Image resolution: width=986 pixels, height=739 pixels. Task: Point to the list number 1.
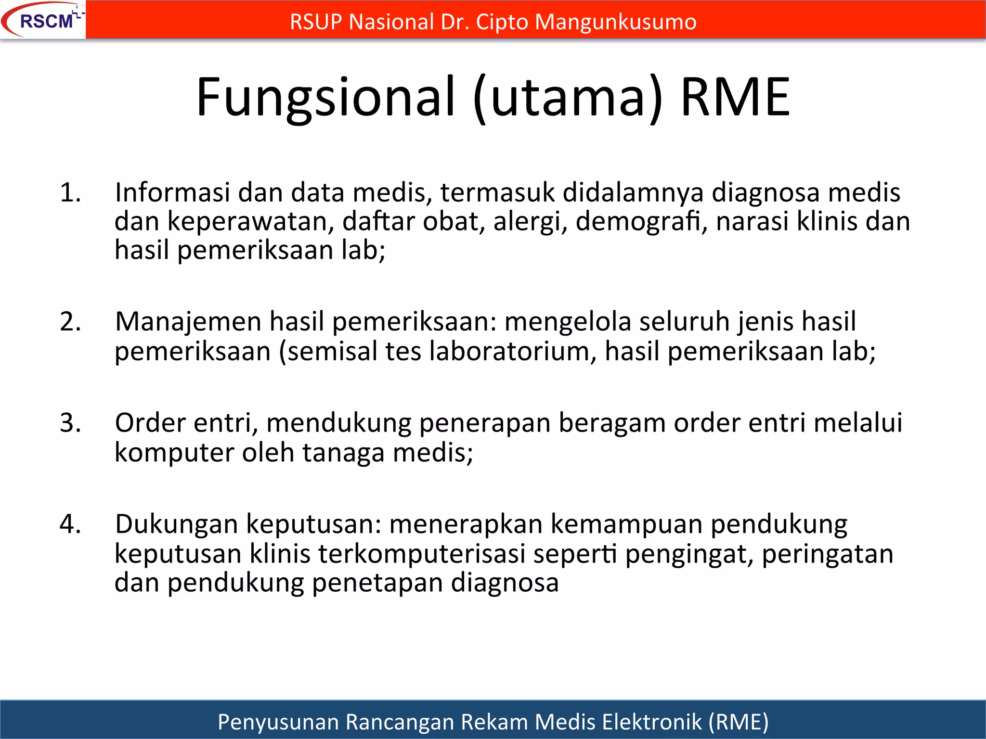click(70, 192)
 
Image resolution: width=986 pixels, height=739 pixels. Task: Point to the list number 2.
click(70, 321)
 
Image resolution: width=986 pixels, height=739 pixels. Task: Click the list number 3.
click(70, 423)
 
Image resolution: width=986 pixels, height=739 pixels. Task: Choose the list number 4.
click(70, 524)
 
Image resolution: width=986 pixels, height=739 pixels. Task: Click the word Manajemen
click(188, 321)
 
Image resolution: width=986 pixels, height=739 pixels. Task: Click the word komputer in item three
click(174, 453)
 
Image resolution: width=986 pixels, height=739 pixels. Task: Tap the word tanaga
click(343, 453)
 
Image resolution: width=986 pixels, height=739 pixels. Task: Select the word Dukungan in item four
click(176, 524)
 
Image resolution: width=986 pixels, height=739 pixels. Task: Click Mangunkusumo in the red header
click(615, 22)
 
